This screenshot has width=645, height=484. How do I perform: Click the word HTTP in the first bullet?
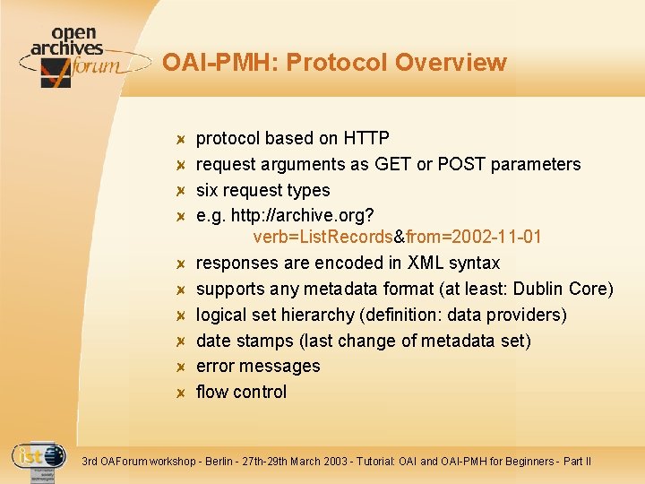[365, 138]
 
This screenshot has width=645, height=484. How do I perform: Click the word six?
[209, 190]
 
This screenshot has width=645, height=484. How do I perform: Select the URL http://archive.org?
[302, 216]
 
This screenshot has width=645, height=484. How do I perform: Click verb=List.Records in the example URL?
[322, 237]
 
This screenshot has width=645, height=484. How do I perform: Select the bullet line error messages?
[258, 366]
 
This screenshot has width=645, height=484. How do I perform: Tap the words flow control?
[241, 392]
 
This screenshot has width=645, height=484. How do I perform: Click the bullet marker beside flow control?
[179, 393]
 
